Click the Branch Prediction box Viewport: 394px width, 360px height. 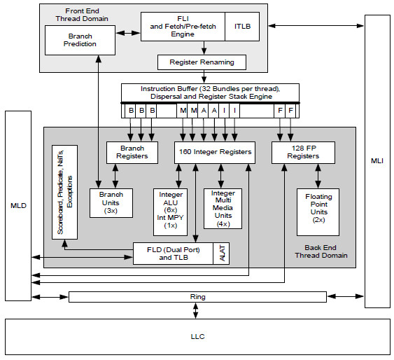coord(80,40)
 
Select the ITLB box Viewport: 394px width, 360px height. coord(242,27)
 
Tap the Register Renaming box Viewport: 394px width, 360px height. coord(202,62)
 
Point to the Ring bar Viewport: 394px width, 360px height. coord(197,297)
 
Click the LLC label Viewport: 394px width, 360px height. coord(198,336)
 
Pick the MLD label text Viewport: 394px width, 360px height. coord(18,206)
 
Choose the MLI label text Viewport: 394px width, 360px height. coord(377,161)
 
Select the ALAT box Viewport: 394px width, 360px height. coord(221,254)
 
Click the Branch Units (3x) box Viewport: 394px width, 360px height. coord(111,203)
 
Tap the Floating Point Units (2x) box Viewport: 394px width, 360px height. coord(318,212)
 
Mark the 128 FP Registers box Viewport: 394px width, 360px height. coord(303,153)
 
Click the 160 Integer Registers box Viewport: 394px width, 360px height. coord(215,153)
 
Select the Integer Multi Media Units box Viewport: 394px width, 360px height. coord(223,209)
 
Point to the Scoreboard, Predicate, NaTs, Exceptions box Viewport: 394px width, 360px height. coord(64,192)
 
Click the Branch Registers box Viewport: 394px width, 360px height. coord(132,153)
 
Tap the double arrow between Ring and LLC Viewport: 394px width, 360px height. coord(195,311)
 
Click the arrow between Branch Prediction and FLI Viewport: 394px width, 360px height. coord(128,33)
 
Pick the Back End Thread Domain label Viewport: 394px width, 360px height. coord(321,251)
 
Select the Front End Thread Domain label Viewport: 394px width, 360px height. coord(82,15)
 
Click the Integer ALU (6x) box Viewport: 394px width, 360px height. coord(170,212)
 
